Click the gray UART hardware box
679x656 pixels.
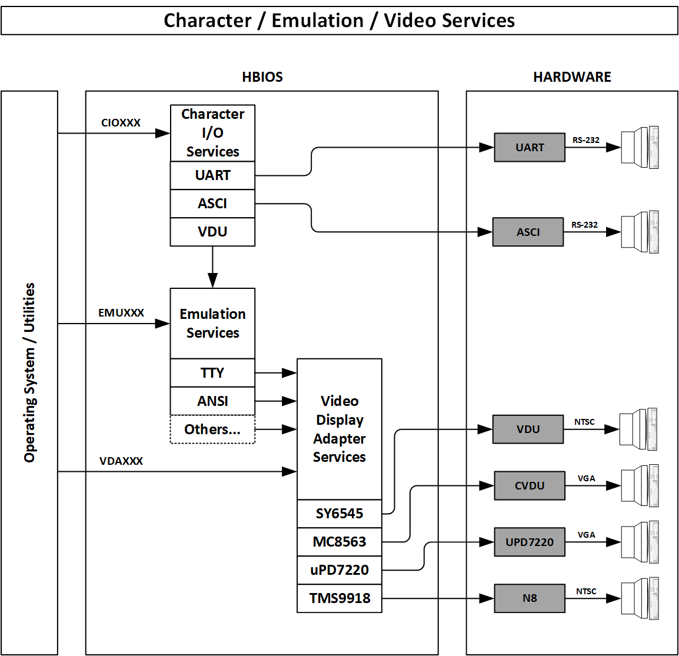530,148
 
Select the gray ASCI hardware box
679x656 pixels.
528,232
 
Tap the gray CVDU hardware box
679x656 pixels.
530,486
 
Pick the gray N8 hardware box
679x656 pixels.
530,598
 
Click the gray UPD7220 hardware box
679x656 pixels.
530,542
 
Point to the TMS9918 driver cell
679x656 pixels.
339,598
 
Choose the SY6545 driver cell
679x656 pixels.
339,514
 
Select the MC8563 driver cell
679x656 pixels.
339,542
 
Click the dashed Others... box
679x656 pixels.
212,429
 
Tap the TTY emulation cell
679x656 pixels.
212,373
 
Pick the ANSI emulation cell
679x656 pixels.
212,401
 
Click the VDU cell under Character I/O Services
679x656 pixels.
212,232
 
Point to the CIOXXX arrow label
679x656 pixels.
121,123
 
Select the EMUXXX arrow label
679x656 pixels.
121,313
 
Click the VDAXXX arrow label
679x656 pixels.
121,461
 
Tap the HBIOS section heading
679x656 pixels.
262,77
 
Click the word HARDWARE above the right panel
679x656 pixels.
572,77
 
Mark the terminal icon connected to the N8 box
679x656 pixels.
640,598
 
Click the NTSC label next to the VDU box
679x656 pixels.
584,422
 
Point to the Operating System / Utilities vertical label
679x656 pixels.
29,372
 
